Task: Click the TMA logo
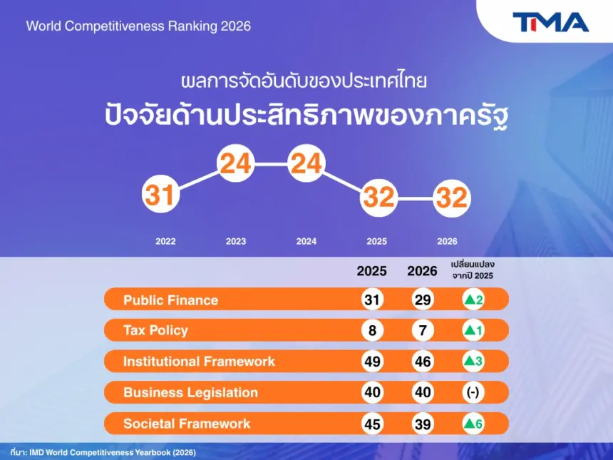pos(550,22)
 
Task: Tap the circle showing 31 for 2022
pos(160,194)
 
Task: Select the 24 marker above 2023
pos(236,163)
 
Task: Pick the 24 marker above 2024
pos(306,163)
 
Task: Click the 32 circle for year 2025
pos(378,197)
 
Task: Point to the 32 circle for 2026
pos(451,198)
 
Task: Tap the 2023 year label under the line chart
pos(236,241)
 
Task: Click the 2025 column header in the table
pos(371,271)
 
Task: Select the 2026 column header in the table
pos(422,271)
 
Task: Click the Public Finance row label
pos(171,300)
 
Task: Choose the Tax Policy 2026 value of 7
pos(423,330)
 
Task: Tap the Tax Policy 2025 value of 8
pos(372,330)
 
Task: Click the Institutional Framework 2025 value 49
pos(372,361)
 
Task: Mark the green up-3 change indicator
pos(473,361)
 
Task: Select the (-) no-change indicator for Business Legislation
pos(473,392)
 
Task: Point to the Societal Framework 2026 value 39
pos(423,424)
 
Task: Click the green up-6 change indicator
pos(473,424)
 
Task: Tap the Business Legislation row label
pos(191,392)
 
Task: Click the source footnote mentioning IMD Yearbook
pos(103,453)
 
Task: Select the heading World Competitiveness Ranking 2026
pos(138,26)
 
